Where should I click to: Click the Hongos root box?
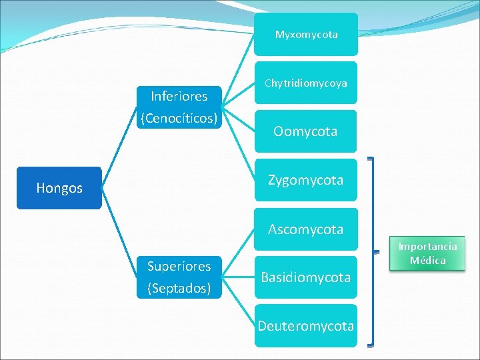(59, 188)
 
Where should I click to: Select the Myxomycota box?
(306, 34)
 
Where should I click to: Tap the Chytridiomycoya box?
(306, 83)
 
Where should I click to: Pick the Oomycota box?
(305, 131)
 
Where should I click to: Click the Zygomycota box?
(306, 180)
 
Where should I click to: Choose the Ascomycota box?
(306, 229)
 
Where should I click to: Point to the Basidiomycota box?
(306, 277)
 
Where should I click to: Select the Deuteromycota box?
(306, 326)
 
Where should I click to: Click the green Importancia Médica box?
(427, 253)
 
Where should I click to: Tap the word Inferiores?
(179, 97)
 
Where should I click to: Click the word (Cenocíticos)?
(179, 118)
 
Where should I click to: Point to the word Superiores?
(179, 266)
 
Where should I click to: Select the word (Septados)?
(179, 288)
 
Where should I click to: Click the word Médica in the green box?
(427, 261)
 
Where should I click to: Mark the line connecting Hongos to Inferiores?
(119, 147)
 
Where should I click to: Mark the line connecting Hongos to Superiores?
(119, 233)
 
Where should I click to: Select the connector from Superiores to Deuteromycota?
(238, 301)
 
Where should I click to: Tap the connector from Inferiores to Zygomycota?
(238, 143)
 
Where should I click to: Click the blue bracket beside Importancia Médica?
(373, 252)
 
